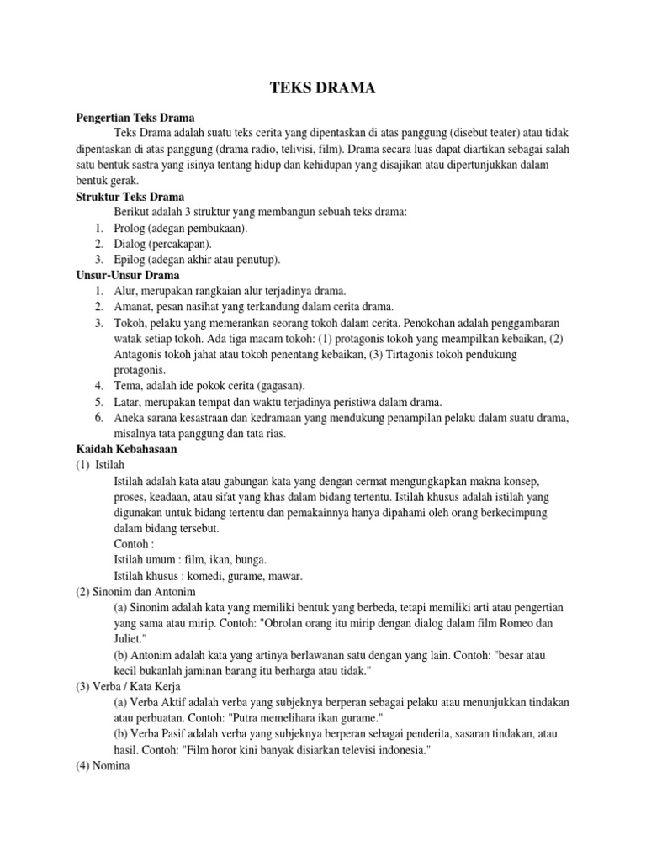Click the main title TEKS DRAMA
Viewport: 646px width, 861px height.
[x=323, y=88]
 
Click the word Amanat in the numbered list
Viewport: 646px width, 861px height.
[x=135, y=306]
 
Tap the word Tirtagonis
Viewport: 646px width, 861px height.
[x=384, y=354]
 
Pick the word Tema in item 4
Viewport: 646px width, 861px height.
[x=129, y=385]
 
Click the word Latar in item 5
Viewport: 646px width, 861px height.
[x=128, y=401]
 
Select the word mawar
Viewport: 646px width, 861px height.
[x=285, y=576]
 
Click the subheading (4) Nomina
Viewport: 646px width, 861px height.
[x=99, y=765]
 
